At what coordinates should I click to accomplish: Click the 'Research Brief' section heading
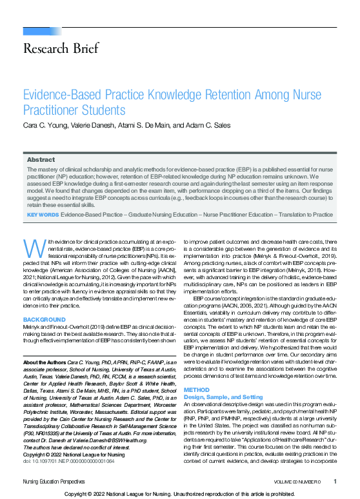(61, 48)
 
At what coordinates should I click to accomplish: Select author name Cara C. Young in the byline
(46, 123)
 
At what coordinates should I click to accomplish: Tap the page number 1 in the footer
(335, 481)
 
